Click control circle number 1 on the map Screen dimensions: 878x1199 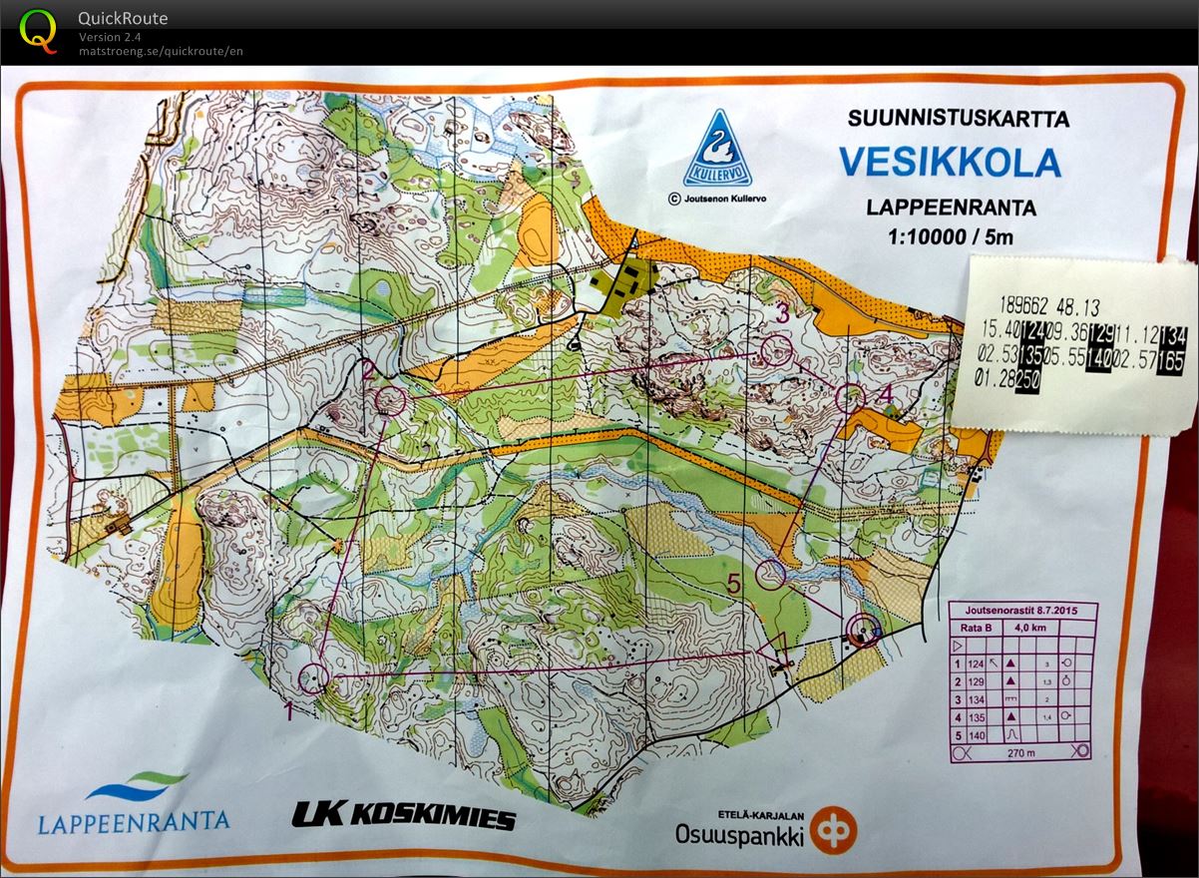[314, 679]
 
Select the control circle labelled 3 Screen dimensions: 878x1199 [775, 349]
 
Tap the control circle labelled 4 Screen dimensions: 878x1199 [849, 397]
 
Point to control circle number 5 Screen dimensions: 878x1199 [771, 574]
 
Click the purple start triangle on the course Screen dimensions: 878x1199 [775, 649]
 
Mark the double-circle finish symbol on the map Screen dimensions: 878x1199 [863, 630]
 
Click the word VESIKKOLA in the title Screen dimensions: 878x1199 [949, 162]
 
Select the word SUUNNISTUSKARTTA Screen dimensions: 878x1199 [958, 119]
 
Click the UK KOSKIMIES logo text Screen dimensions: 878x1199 [404, 816]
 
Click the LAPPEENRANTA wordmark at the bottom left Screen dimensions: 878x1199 [134, 822]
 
